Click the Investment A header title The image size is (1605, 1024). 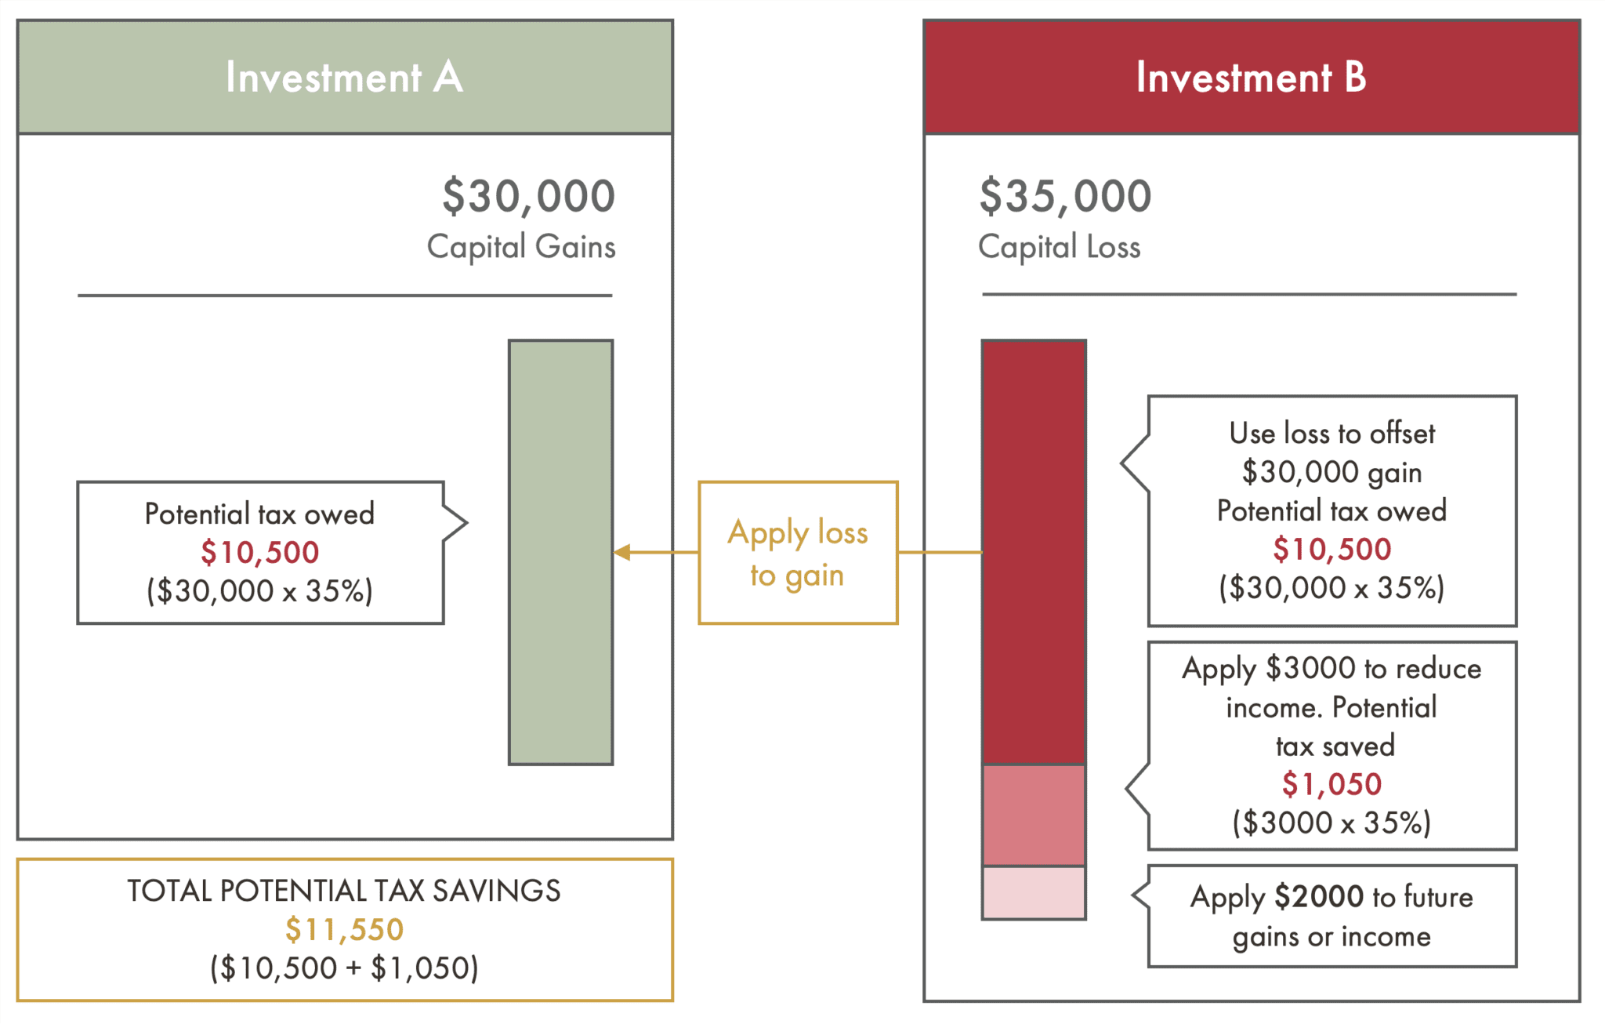click(x=344, y=77)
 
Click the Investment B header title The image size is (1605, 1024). click(x=1251, y=77)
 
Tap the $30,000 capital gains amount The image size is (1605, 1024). click(x=528, y=196)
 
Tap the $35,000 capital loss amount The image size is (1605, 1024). click(x=1065, y=196)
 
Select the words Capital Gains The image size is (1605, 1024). click(x=521, y=247)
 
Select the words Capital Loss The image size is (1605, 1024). click(x=1059, y=247)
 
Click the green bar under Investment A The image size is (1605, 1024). click(x=560, y=552)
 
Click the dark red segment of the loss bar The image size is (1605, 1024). click(x=1034, y=552)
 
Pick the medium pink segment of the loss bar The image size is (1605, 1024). click(x=1034, y=815)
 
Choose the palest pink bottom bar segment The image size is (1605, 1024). click(x=1034, y=892)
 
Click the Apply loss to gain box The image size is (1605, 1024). click(x=798, y=553)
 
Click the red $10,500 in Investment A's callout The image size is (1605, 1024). click(x=259, y=553)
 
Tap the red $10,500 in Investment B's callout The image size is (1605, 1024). click(x=1331, y=550)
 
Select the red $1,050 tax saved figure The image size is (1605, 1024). click(x=1331, y=784)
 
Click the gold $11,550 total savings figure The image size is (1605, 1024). click(x=344, y=930)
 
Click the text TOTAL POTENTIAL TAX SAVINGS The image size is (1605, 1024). click(x=344, y=891)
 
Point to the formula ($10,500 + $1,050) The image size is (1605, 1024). click(x=344, y=968)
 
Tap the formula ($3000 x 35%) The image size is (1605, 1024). click(x=1331, y=823)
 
